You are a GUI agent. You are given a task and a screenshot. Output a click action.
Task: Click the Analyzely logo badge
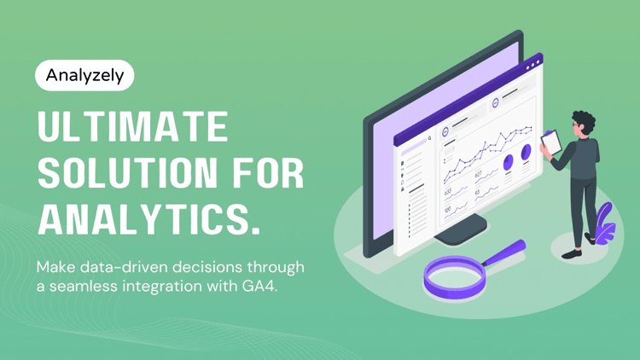pyautogui.click(x=84, y=75)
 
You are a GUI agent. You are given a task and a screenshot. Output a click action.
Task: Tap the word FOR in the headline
pyautogui.click(x=267, y=174)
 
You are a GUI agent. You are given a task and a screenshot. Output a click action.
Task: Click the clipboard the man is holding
pyautogui.click(x=552, y=141)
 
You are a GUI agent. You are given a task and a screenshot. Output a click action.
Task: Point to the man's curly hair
pyautogui.click(x=584, y=120)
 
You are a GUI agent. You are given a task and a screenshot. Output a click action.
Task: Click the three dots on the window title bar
pyautogui.click(x=533, y=64)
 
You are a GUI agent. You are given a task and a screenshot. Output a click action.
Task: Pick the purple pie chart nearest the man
pyautogui.click(x=526, y=153)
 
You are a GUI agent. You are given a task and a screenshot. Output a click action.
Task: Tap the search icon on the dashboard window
pyautogui.click(x=430, y=136)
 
